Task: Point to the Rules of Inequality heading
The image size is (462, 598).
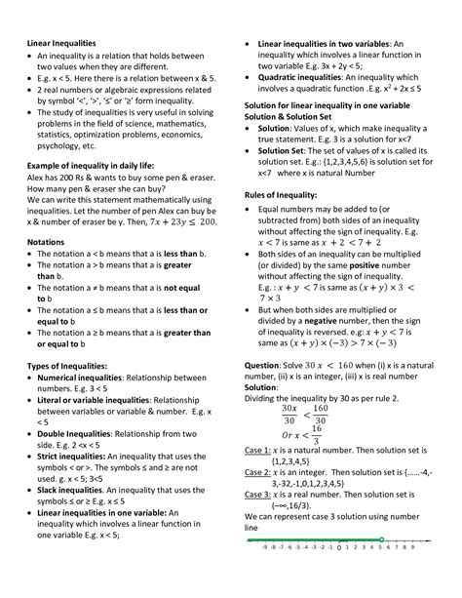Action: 282,194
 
